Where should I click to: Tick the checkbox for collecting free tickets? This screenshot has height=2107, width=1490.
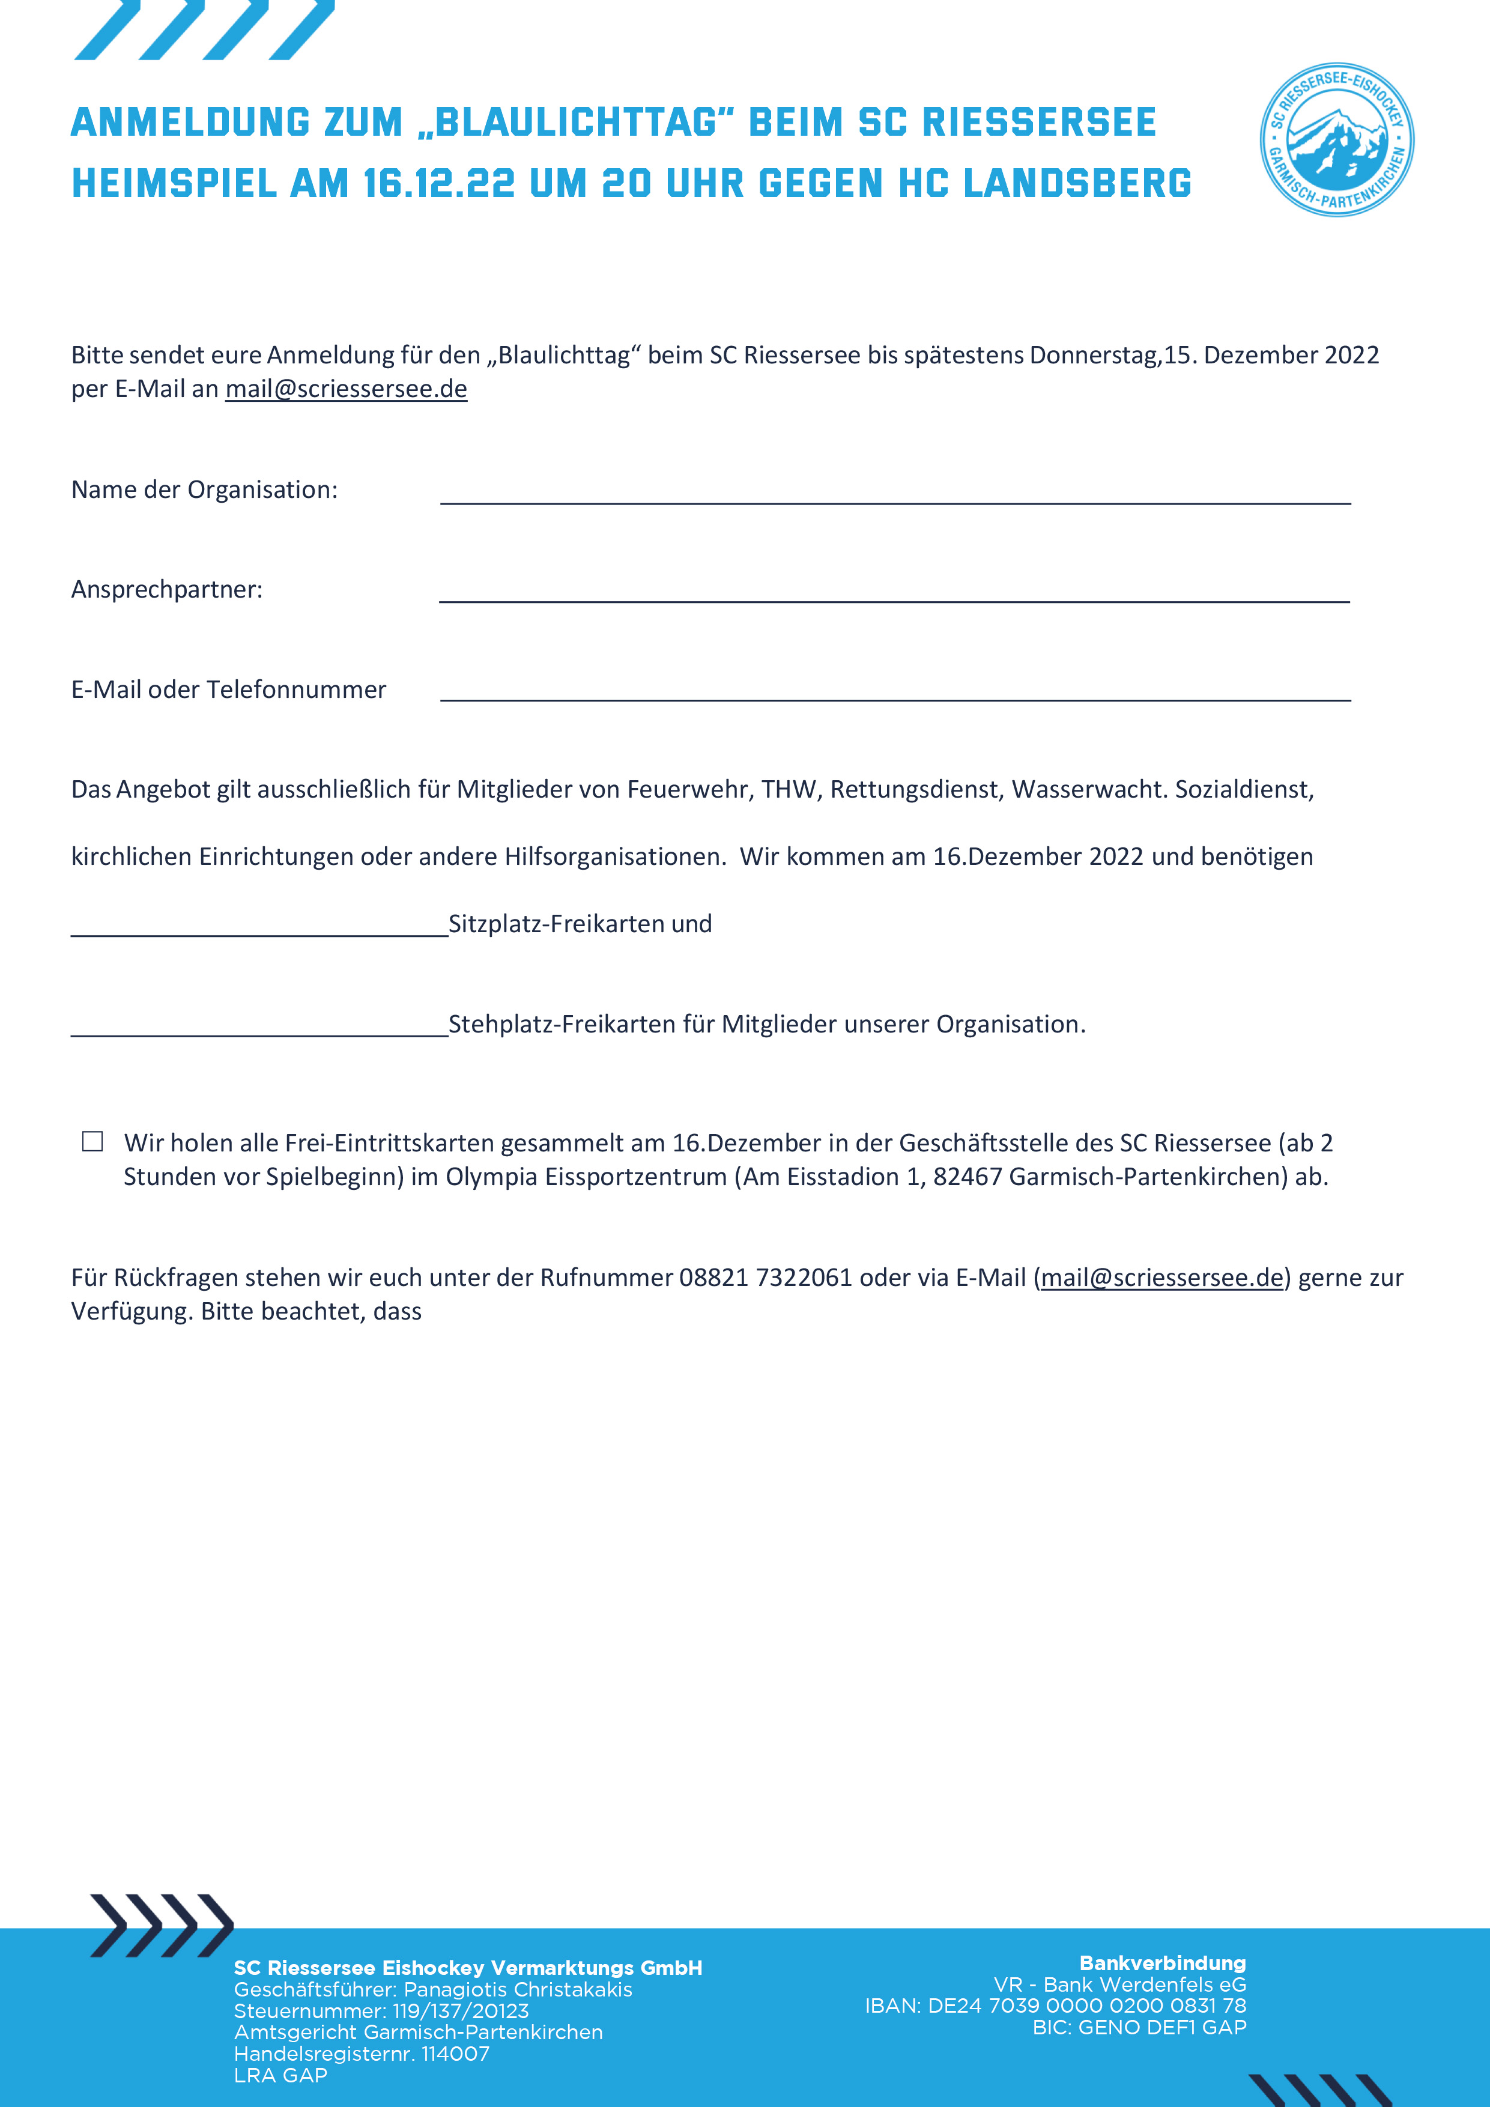[x=92, y=1141]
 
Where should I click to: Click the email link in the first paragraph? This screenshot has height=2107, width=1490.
[x=346, y=389]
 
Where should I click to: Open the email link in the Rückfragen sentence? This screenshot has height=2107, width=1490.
[x=1161, y=1278]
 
